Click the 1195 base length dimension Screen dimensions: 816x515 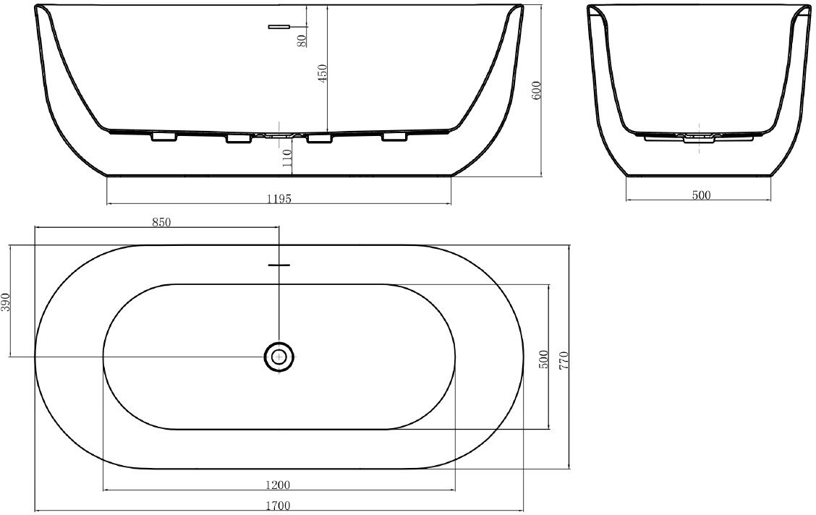click(x=279, y=198)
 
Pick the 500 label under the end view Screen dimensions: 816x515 click(x=701, y=195)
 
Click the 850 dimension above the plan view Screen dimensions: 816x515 click(x=161, y=222)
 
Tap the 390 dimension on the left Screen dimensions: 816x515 click(x=5, y=302)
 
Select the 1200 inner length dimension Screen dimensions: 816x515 click(x=277, y=485)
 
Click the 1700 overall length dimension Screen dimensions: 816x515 click(x=279, y=505)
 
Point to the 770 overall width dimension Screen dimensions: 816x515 click(x=564, y=360)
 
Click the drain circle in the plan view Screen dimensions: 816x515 click(x=279, y=357)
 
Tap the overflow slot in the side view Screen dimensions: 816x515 click(x=279, y=26)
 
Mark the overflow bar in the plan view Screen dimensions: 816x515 click(x=279, y=265)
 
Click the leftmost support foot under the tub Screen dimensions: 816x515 click(x=163, y=137)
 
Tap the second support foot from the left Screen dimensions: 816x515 click(x=239, y=138)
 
